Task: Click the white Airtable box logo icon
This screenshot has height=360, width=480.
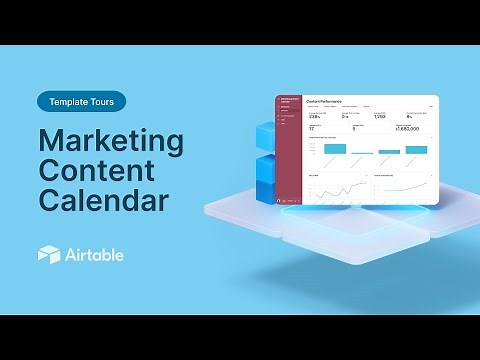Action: click(x=49, y=255)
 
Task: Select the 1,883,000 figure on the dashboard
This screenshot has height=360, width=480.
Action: click(x=408, y=129)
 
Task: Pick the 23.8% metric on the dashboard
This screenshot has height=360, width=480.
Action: click(x=314, y=116)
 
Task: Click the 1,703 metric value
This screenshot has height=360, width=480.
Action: click(x=380, y=116)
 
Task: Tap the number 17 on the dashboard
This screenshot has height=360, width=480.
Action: click(x=312, y=129)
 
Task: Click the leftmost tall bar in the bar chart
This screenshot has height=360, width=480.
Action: click(x=334, y=148)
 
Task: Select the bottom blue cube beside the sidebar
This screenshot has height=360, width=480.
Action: click(x=266, y=190)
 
